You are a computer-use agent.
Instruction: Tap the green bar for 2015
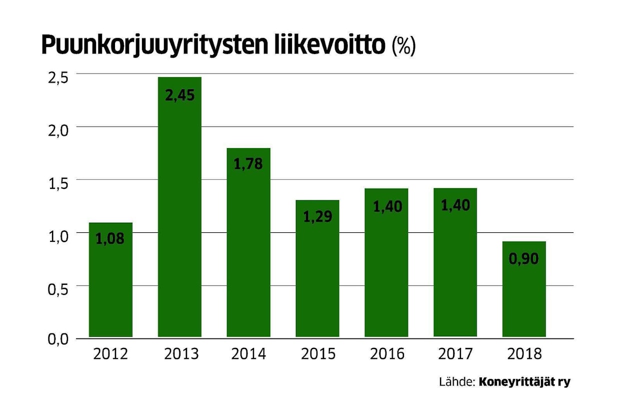[x=317, y=275]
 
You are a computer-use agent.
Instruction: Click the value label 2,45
[x=179, y=95]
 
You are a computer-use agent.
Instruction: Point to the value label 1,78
[x=248, y=164]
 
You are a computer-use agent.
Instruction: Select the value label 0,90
[x=524, y=259]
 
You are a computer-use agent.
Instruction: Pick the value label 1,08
[x=110, y=239]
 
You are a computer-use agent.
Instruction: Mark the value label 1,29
[x=317, y=217]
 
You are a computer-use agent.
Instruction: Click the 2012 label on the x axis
[x=110, y=354]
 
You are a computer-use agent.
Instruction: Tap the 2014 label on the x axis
[x=248, y=354]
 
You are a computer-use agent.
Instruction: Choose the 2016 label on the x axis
[x=386, y=354]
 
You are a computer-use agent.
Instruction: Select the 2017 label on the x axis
[x=455, y=354]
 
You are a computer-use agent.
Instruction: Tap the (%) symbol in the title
[x=404, y=46]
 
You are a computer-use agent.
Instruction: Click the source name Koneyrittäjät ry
[x=524, y=382]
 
